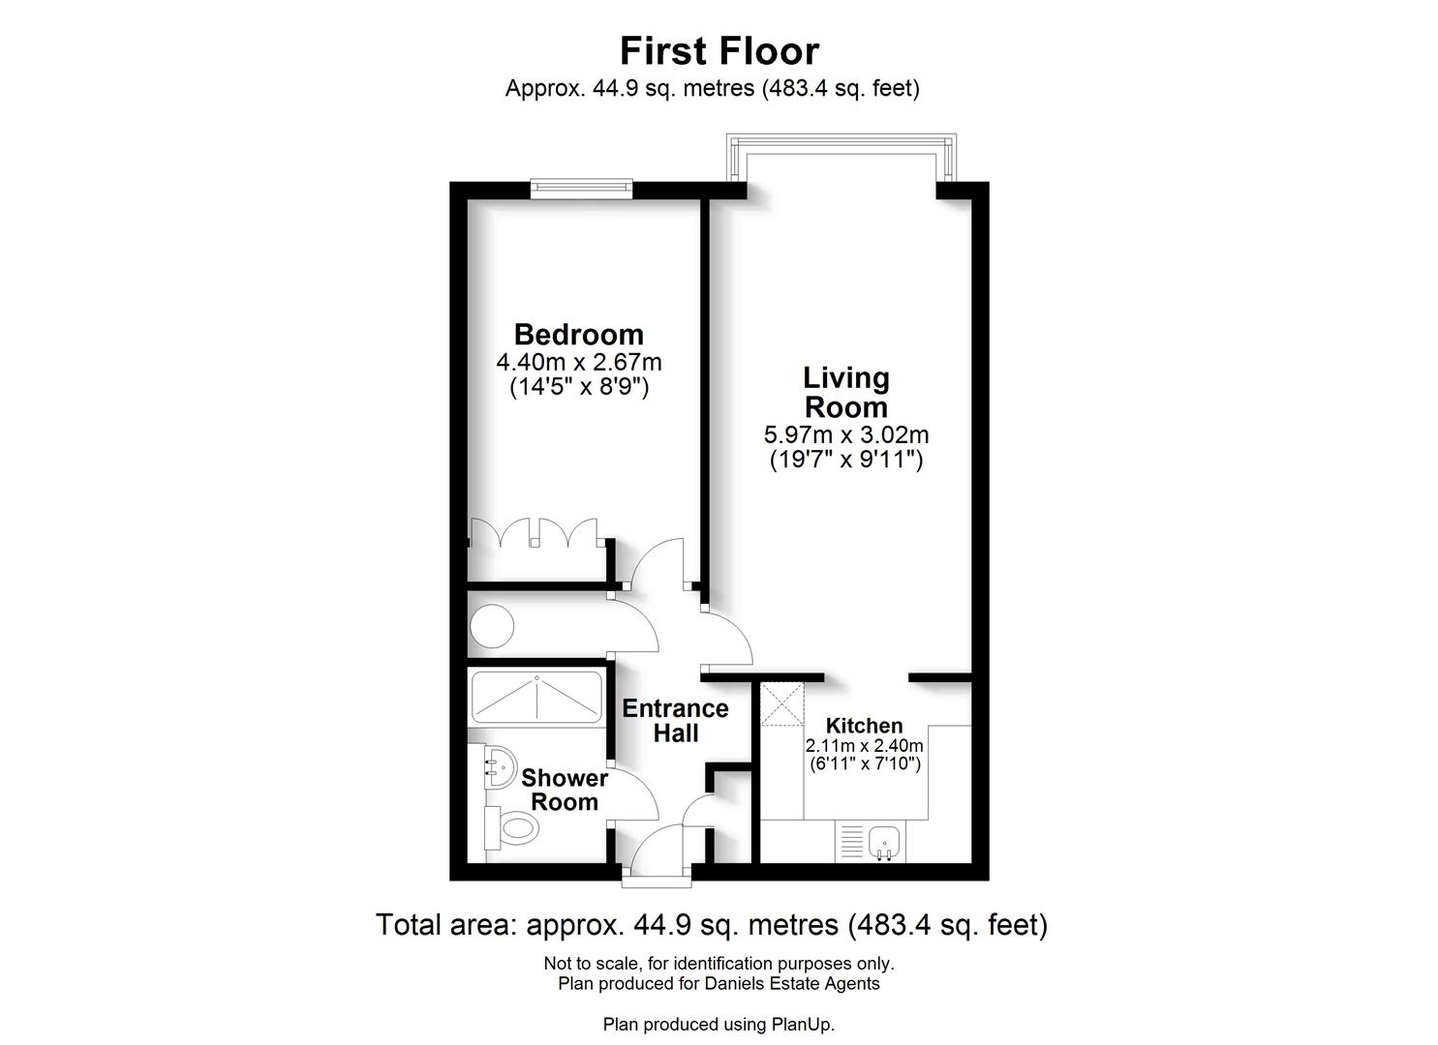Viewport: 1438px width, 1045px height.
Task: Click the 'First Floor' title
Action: [719, 50]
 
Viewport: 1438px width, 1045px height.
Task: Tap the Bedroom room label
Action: [578, 335]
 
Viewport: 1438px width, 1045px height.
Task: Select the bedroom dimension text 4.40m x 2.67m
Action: [578, 363]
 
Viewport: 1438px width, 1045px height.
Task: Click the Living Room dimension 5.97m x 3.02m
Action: [846, 434]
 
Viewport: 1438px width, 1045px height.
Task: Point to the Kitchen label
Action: [864, 726]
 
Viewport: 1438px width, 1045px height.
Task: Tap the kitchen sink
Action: [884, 841]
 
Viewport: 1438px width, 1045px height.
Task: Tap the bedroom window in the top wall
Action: [581, 189]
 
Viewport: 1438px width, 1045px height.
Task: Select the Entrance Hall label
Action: [675, 721]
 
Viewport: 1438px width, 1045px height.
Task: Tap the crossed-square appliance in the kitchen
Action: [781, 703]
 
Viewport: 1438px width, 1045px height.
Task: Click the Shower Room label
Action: [565, 790]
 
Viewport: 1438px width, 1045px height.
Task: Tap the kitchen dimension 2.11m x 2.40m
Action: [864, 746]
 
